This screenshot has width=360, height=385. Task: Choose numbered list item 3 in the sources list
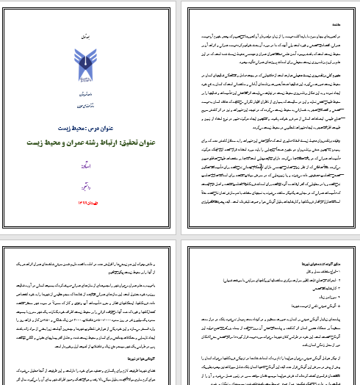pos(323,283)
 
